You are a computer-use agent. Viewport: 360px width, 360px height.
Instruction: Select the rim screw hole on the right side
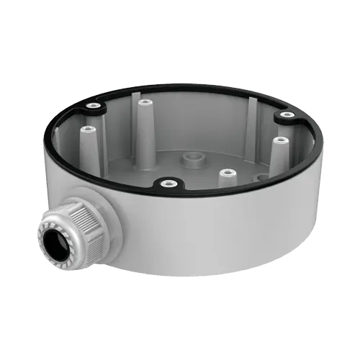pyautogui.click(x=287, y=115)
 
